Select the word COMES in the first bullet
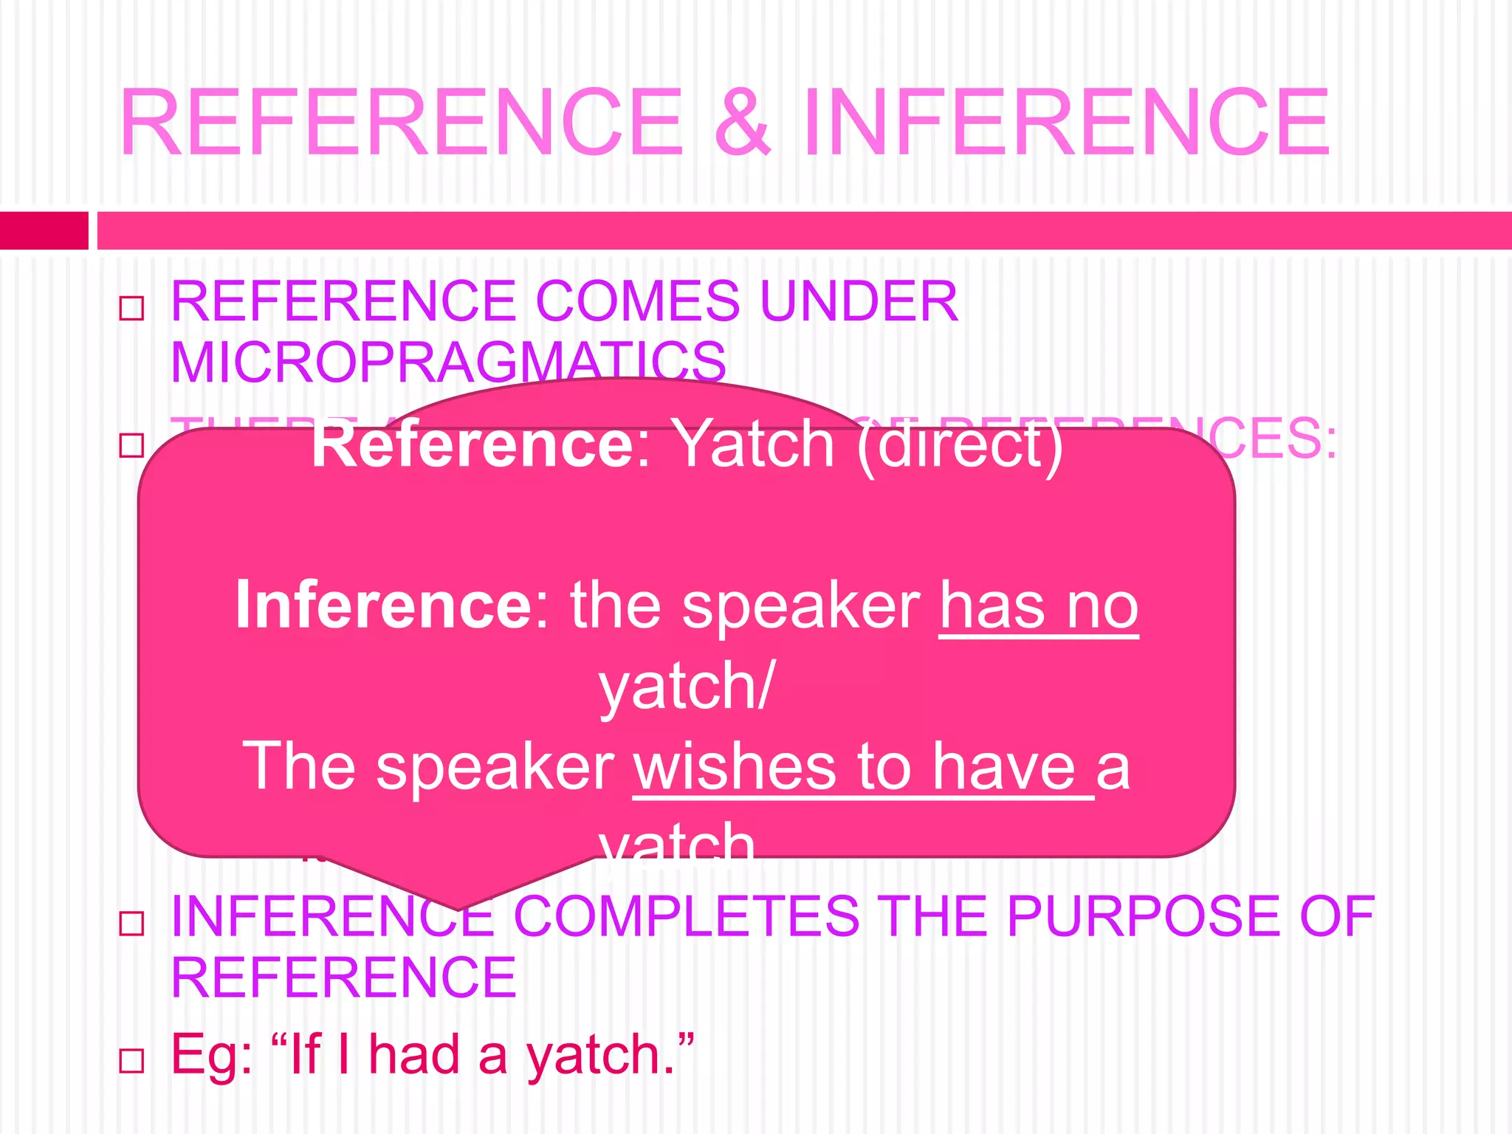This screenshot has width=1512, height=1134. (637, 301)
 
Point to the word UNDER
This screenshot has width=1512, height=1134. (859, 301)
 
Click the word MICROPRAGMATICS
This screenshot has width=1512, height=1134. (448, 362)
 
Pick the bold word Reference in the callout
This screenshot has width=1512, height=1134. (480, 444)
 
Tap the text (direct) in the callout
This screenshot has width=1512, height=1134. (960, 446)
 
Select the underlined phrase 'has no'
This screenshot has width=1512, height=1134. (1039, 607)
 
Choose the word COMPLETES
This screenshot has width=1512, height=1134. (687, 917)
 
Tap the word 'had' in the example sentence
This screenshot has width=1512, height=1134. (414, 1054)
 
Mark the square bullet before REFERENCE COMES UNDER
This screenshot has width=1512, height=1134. (131, 308)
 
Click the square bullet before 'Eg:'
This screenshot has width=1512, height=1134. (131, 1061)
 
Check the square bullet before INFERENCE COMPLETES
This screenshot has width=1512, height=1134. (131, 923)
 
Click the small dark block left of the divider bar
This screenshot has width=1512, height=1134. (44, 230)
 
